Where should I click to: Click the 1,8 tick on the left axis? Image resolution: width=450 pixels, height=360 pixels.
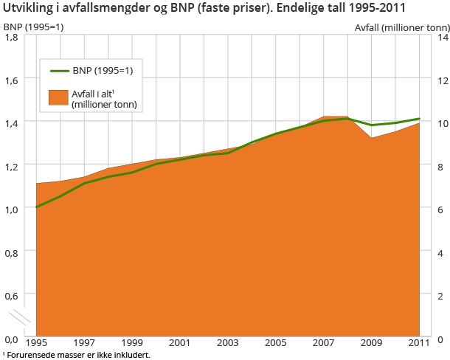click(x=14, y=35)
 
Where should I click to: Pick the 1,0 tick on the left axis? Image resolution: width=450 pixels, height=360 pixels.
click(x=14, y=209)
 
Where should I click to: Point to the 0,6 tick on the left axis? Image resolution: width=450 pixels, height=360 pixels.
click(x=14, y=295)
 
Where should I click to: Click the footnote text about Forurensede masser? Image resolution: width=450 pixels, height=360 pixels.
click(x=77, y=355)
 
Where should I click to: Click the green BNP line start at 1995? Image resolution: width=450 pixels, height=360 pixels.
click(x=36, y=207)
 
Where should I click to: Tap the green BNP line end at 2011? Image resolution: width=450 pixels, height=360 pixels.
click(x=420, y=118)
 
